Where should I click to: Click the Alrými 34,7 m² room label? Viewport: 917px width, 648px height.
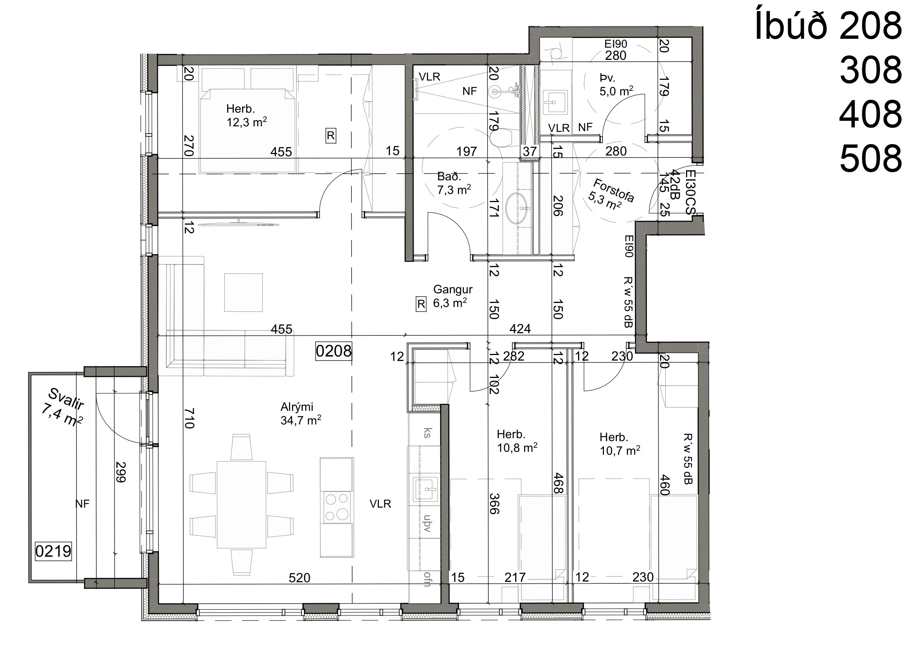pyautogui.click(x=301, y=414)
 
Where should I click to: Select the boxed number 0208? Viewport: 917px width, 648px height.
pyautogui.click(x=333, y=351)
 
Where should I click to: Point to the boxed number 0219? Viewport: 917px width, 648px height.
pyautogui.click(x=53, y=551)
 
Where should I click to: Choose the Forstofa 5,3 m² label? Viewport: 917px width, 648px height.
pyautogui.click(x=611, y=194)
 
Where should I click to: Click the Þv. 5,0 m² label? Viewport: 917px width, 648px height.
pyautogui.click(x=616, y=85)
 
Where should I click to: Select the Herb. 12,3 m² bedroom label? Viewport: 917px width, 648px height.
pyautogui.click(x=247, y=115)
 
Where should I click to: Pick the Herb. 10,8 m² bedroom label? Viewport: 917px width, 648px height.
pyautogui.click(x=517, y=441)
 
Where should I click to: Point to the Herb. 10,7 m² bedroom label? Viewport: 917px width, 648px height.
pyautogui.click(x=620, y=444)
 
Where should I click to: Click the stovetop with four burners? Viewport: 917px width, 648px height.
pyautogui.click(x=337, y=507)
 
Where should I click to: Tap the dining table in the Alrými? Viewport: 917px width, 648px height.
pyautogui.click(x=242, y=505)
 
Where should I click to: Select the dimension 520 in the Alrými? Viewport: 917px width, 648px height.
pyautogui.click(x=299, y=578)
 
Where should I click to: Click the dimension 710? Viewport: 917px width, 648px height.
pyautogui.click(x=189, y=418)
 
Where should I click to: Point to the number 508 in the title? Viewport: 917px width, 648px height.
pyautogui.click(x=871, y=158)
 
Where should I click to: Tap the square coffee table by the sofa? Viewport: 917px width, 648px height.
pyautogui.click(x=243, y=292)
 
